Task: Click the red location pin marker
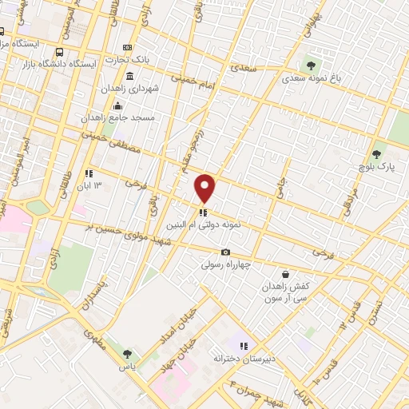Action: (x=205, y=188)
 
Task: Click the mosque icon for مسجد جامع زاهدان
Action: (x=118, y=105)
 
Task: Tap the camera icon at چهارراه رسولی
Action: (x=225, y=252)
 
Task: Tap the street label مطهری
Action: (x=96, y=339)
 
